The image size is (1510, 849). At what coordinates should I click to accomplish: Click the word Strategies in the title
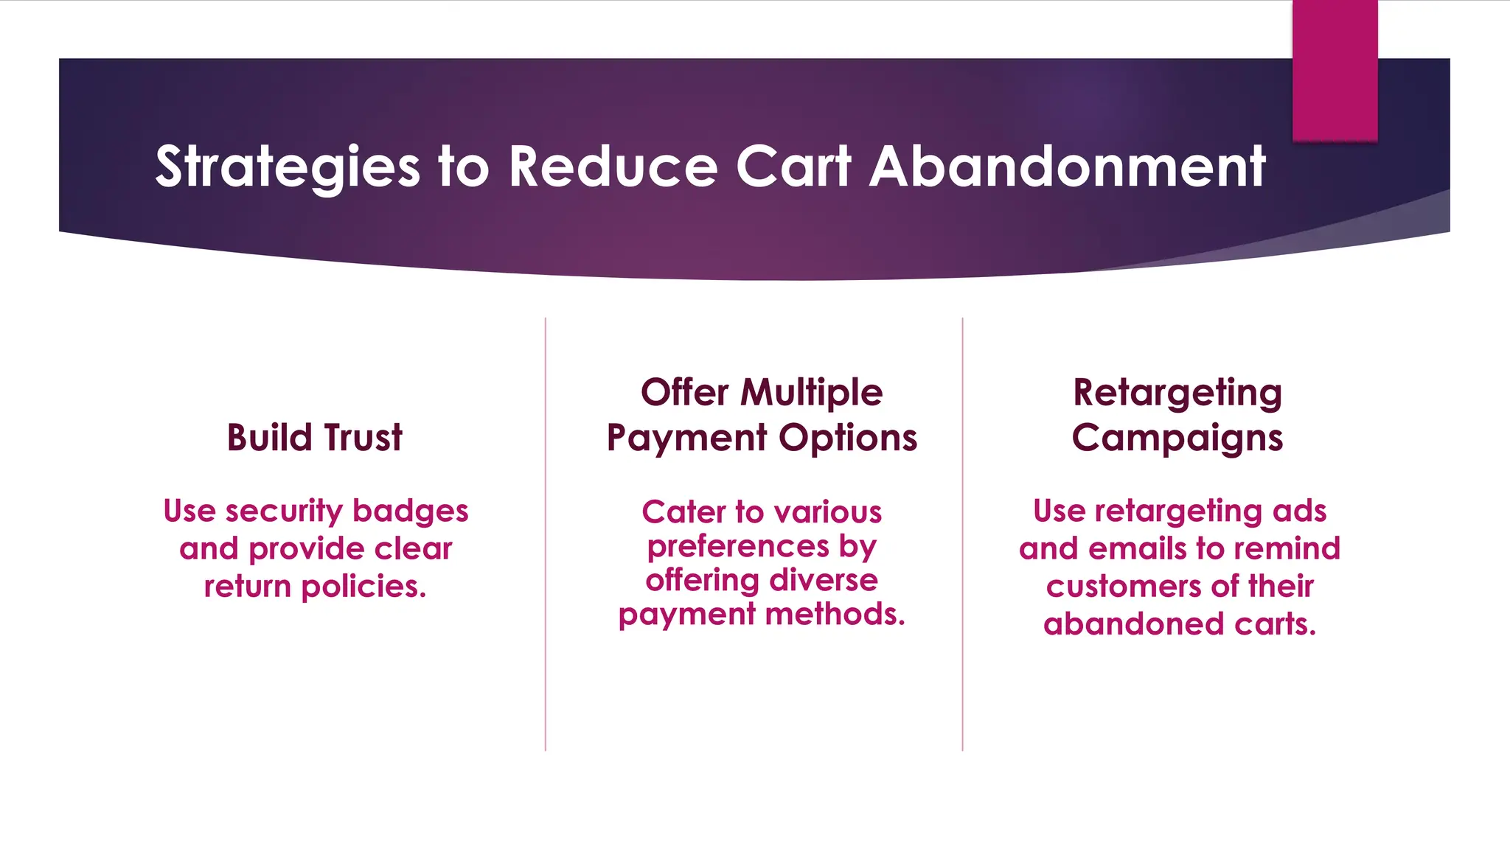[287, 167]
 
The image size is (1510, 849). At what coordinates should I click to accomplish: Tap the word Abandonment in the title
[1067, 167]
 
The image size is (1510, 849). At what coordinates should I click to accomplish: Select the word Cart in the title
[793, 167]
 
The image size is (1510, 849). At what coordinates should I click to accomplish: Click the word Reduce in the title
[613, 167]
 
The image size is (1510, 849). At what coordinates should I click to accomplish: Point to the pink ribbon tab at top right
[1335, 70]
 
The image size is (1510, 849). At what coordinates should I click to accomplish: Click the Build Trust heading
[315, 437]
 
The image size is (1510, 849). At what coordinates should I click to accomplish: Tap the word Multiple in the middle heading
[811, 392]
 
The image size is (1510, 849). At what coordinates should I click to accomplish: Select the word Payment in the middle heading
[686, 438]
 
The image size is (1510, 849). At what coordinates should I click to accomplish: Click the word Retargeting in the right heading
[1177, 394]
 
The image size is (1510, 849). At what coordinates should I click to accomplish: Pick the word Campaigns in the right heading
[1177, 439]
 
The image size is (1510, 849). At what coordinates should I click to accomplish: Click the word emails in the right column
[1138, 549]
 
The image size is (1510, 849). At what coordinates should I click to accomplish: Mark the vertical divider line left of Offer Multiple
[546, 534]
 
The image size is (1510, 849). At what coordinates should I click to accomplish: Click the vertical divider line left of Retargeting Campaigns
[962, 534]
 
